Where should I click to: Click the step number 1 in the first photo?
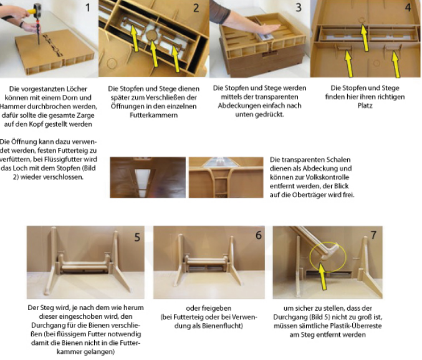(88, 7)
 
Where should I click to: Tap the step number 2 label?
(196, 8)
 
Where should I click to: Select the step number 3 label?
(299, 7)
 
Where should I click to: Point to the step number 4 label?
(408, 7)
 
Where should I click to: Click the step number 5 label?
(137, 237)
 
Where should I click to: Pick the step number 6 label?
(258, 235)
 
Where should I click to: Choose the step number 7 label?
(373, 235)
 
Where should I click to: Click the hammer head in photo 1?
(37, 10)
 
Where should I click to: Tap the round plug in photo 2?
(152, 36)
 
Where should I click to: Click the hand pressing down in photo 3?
(266, 29)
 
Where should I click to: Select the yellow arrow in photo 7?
(322, 276)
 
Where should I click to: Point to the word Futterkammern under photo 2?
(154, 115)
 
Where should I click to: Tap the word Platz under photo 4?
(365, 105)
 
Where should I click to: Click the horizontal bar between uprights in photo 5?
(84, 264)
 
